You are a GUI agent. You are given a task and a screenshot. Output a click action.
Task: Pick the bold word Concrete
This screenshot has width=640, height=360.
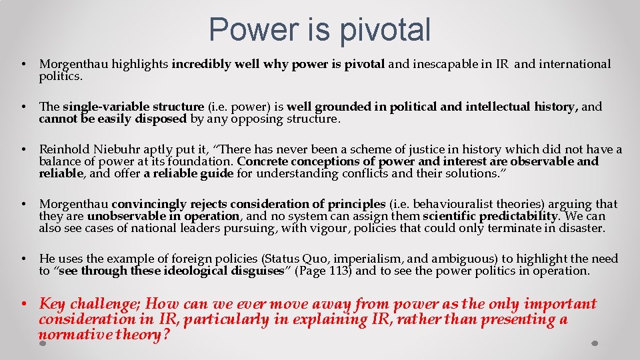pos(261,161)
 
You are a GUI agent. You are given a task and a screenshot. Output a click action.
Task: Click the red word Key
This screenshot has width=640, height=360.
pos(53,304)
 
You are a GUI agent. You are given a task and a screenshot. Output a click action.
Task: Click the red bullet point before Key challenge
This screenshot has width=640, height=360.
pos(23,305)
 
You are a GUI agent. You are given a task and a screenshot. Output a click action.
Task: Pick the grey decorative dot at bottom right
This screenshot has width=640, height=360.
pos(595,343)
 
